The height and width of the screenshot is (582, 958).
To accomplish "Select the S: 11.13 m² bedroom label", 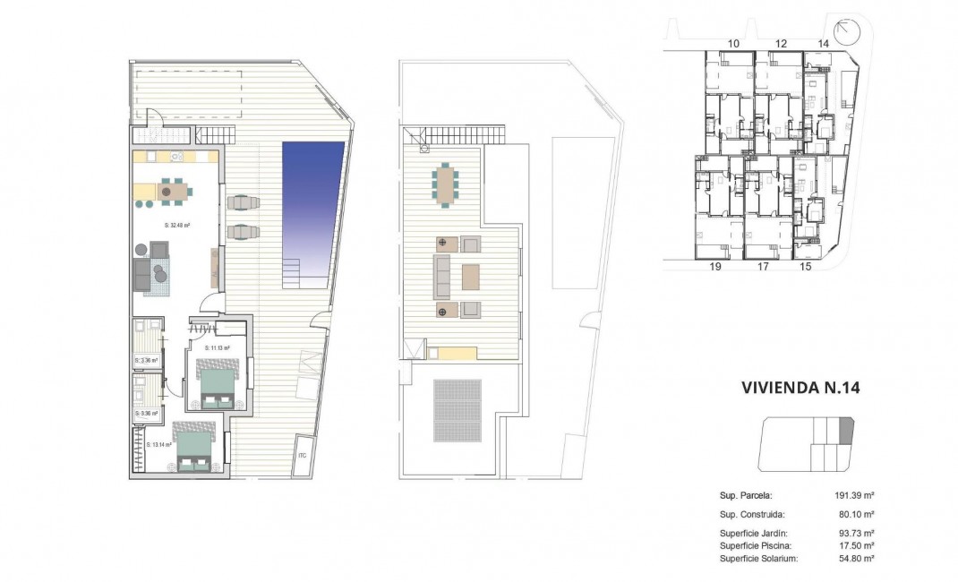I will tap(218, 347).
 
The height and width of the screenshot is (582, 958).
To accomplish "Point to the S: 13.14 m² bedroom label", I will tap(148, 444).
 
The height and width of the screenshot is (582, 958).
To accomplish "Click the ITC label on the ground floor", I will tap(302, 456).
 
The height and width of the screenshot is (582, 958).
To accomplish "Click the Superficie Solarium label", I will tap(758, 559).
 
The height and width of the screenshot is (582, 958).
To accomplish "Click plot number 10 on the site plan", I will tap(733, 43).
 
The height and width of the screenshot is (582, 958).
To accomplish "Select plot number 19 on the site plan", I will tap(715, 266).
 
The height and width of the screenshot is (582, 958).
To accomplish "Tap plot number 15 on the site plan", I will tap(805, 266).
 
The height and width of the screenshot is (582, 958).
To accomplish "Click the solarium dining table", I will tap(445, 184).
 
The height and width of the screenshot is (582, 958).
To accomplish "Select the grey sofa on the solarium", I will tap(441, 277).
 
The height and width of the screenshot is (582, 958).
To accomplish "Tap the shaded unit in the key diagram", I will tap(846, 432).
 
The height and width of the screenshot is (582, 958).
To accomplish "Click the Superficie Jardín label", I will tap(752, 533).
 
